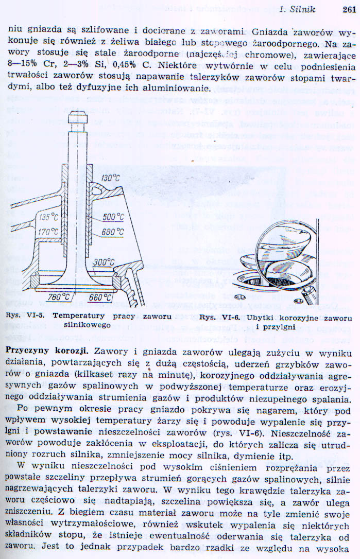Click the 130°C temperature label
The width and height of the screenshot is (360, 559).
110,178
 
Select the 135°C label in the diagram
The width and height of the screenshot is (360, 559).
49,217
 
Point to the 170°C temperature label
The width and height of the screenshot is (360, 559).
49,232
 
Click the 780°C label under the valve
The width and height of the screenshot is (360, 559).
58,297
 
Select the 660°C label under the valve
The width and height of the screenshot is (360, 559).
100,297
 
